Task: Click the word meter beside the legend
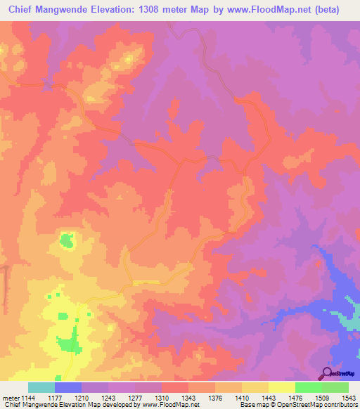pyautogui.click(x=10, y=397)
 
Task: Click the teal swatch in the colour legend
pyautogui.click(x=41, y=387)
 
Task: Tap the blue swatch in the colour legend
pyautogui.click(x=68, y=387)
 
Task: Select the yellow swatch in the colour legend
pyautogui.click(x=281, y=387)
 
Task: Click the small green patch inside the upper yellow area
pyautogui.click(x=67, y=241)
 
